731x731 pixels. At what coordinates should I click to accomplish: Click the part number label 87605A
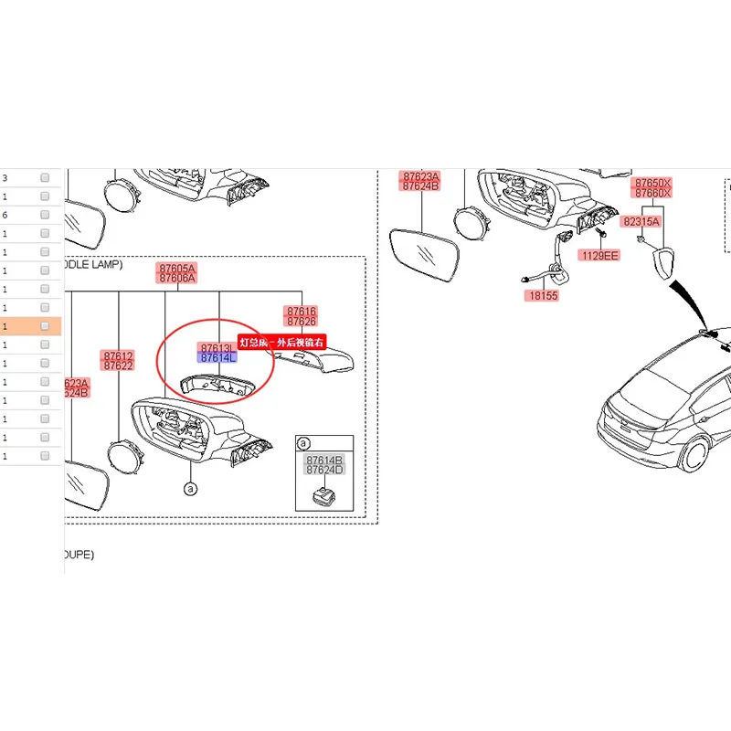[176, 268]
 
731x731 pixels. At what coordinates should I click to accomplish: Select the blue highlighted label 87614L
[218, 358]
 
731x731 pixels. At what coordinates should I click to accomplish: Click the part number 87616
[301, 312]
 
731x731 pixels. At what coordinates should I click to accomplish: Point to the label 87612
[118, 355]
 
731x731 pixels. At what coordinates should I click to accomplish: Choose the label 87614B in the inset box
[324, 460]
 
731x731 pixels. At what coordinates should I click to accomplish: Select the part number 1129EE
[599, 256]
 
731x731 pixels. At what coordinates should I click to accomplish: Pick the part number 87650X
[653, 183]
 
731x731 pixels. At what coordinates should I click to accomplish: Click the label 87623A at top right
[420, 176]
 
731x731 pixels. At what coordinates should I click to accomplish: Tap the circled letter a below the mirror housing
[190, 490]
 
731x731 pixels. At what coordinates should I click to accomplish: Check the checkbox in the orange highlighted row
[45, 326]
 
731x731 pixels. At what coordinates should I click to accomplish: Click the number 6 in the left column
[5, 215]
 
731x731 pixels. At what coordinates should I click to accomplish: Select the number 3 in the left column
[5, 178]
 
